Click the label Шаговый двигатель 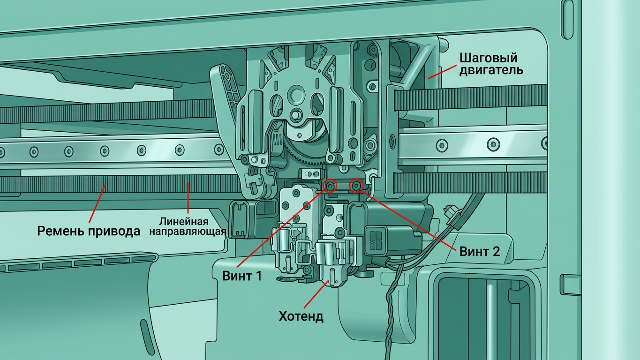pos(491,64)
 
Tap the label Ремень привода pos(89,231)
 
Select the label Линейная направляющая pos(188,226)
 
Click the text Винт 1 pos(242,276)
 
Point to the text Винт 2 pos(480,251)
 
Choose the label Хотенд pos(301,316)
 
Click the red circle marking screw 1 pos(330,186)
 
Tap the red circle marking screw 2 pos(356,186)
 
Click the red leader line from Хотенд pos(316,294)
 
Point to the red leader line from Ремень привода pos(98,203)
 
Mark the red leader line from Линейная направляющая pos(188,198)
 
